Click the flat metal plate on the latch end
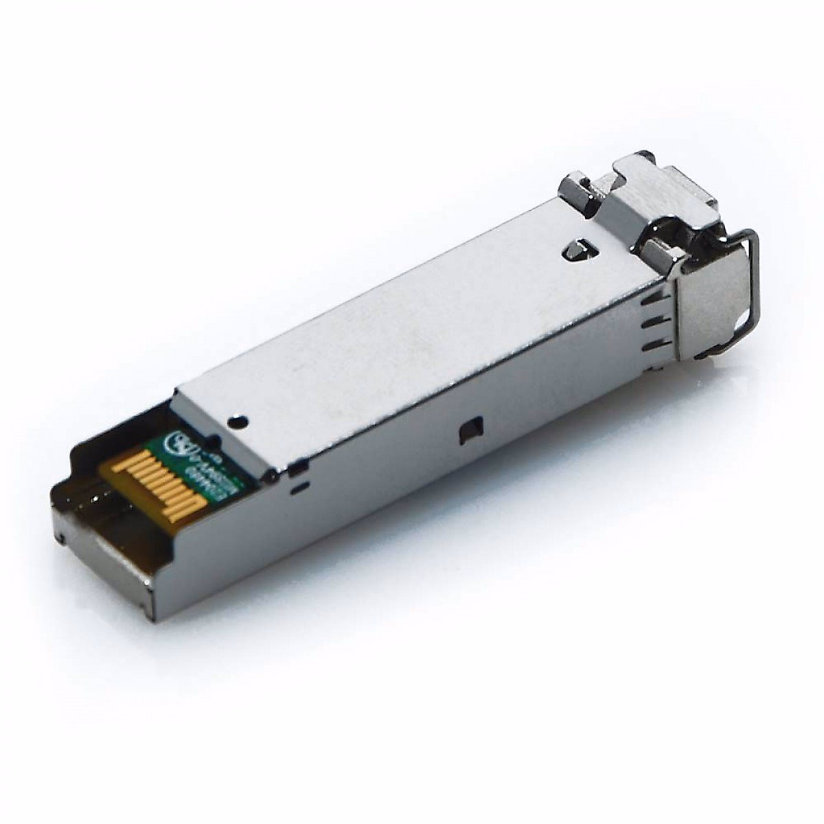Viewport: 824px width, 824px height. pos(707,302)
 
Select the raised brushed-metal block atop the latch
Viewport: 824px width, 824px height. pos(659,185)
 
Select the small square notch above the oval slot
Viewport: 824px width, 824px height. pos(297,469)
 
